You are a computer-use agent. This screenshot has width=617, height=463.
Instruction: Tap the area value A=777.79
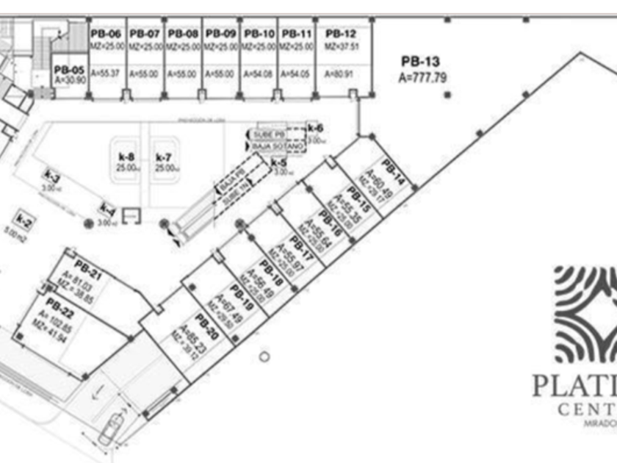422,76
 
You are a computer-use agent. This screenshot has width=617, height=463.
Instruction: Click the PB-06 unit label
106,34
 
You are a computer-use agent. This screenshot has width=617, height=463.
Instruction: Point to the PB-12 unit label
341,34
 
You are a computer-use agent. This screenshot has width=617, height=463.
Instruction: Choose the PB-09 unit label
220,34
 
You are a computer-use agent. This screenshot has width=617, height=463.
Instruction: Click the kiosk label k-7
164,157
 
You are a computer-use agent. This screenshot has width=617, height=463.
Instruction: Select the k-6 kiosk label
316,129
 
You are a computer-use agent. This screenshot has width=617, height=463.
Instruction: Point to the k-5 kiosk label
278,162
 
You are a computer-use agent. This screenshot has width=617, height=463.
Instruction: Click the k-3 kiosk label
51,179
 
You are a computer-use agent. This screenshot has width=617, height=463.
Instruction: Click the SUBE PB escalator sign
267,135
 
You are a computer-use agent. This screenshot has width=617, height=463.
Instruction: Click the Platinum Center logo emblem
586,315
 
